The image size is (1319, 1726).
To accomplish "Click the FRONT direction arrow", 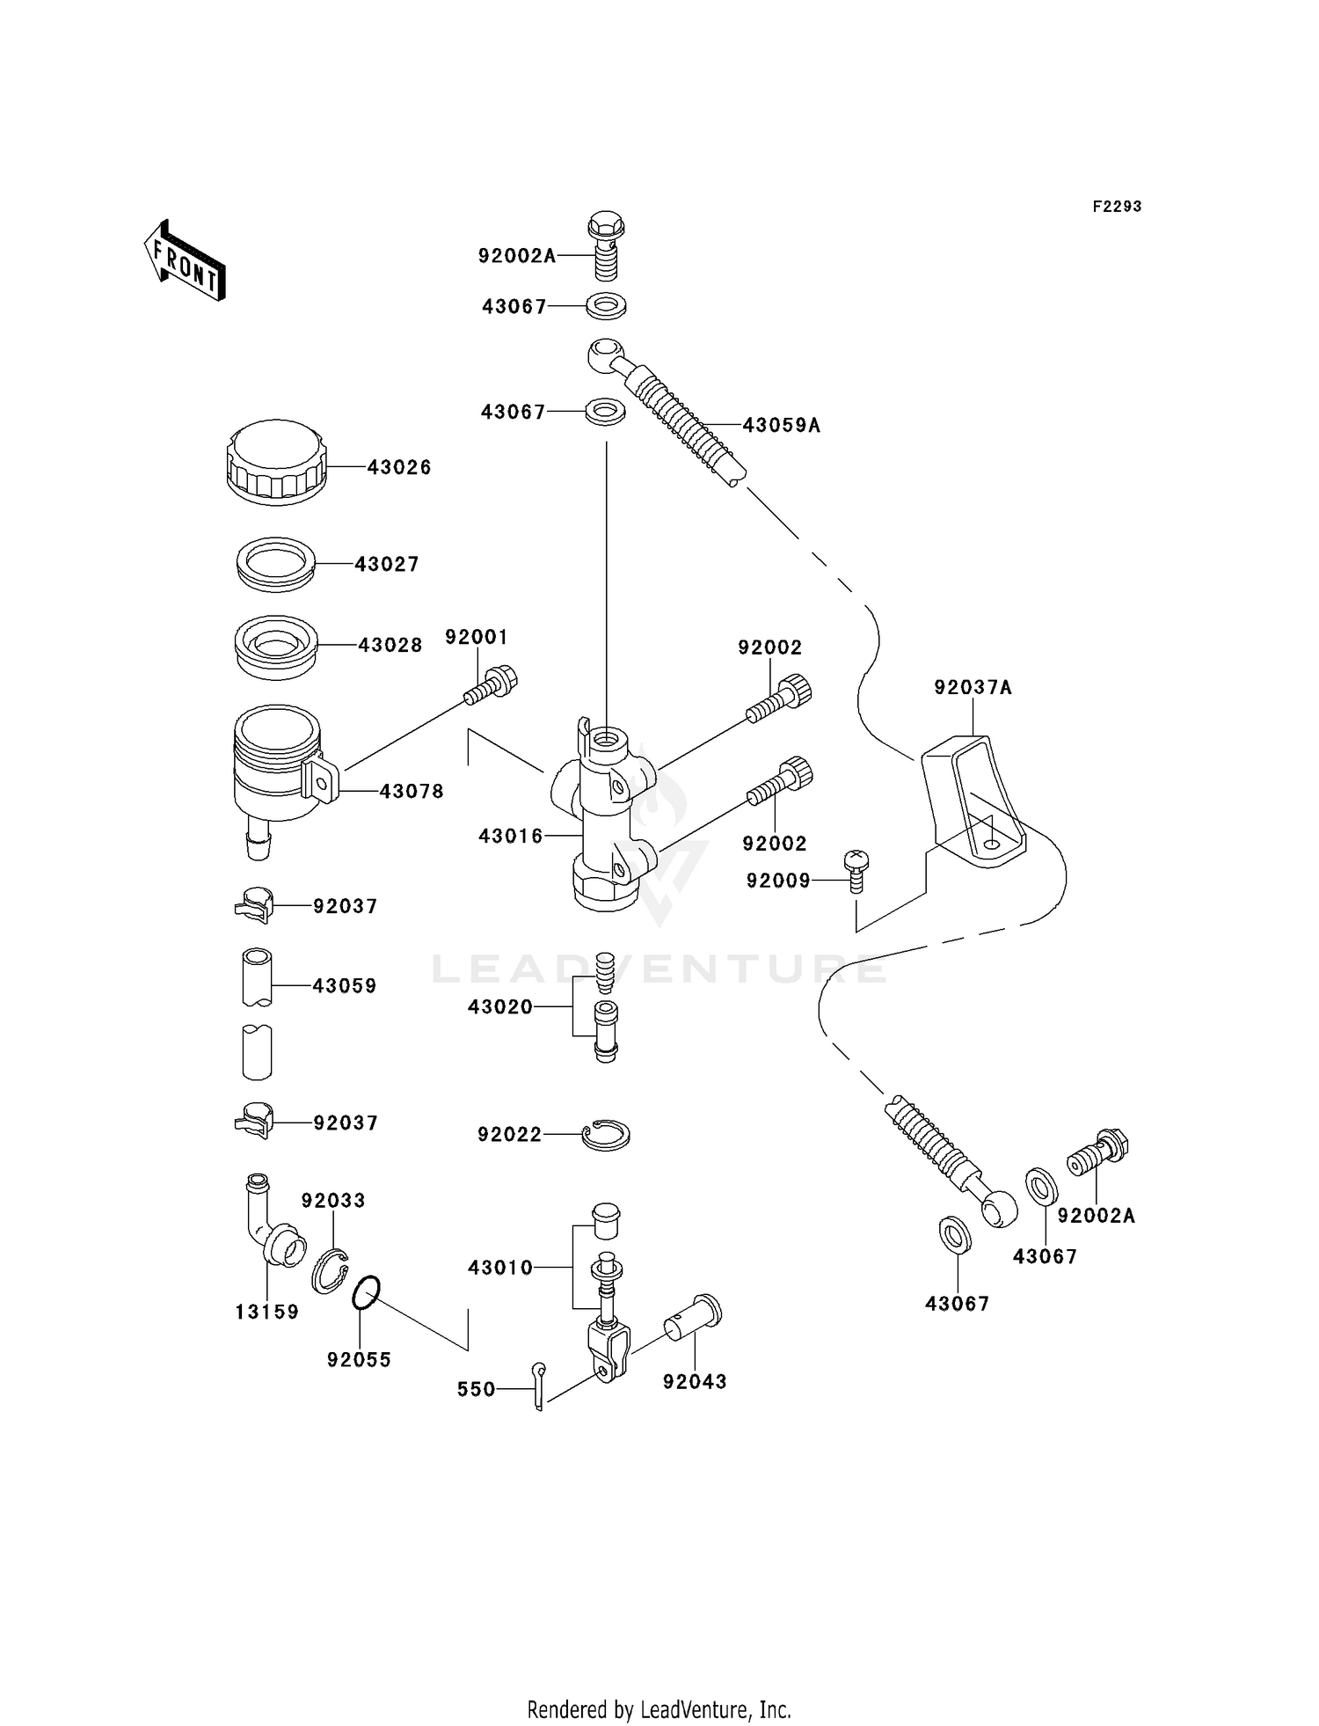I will (186, 261).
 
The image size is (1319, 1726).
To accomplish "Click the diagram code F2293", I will (1117, 207).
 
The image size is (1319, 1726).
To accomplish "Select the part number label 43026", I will (399, 468).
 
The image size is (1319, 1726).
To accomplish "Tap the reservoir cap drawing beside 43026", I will (277, 464).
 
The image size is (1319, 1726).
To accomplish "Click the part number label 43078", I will (412, 792).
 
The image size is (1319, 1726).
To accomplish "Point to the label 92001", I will (476, 637).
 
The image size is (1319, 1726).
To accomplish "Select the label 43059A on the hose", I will (781, 426).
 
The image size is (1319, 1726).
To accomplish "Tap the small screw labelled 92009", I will (856, 871).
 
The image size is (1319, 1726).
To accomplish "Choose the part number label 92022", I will (510, 1136).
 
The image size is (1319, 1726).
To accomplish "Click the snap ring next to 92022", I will (606, 1135).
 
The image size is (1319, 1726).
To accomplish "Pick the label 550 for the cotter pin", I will (476, 1390).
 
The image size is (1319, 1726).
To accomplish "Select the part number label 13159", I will (267, 1313).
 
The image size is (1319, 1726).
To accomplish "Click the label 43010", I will (500, 1268).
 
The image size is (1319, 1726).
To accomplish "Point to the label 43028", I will (390, 646).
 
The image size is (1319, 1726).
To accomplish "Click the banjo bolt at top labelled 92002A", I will (605, 245).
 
